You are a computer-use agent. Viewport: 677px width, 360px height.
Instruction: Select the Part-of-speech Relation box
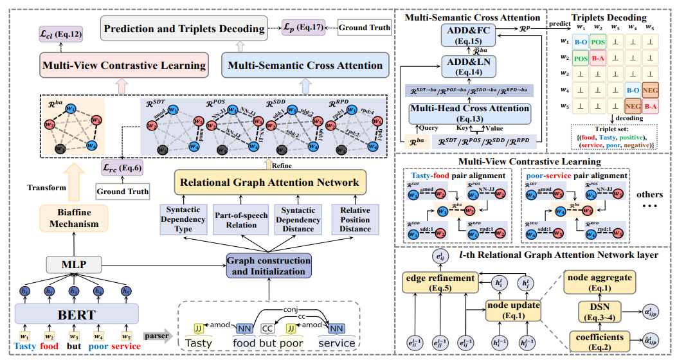click(x=239, y=220)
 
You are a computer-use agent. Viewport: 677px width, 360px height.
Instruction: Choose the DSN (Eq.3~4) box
click(x=599, y=311)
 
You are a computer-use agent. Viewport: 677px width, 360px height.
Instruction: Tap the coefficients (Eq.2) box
click(x=599, y=339)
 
